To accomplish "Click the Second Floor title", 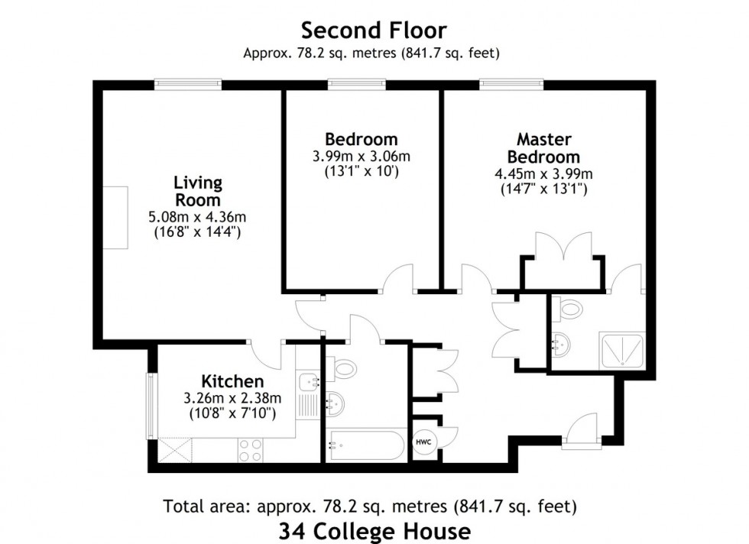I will (x=374, y=31).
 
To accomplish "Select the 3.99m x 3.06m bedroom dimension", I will (x=362, y=157).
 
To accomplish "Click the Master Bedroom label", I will (x=543, y=147).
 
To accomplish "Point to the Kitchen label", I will (x=232, y=381).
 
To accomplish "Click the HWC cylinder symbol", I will (x=423, y=442).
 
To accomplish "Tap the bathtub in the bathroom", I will (x=365, y=445).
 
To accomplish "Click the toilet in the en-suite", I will (x=569, y=309).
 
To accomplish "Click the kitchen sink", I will (x=306, y=380).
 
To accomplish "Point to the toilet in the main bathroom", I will (x=345, y=369).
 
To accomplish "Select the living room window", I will (x=188, y=83).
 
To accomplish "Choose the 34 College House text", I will (x=374, y=529).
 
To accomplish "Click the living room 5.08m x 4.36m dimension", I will (x=197, y=218).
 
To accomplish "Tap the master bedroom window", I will (x=511, y=83).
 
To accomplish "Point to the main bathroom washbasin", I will (x=335, y=400).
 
